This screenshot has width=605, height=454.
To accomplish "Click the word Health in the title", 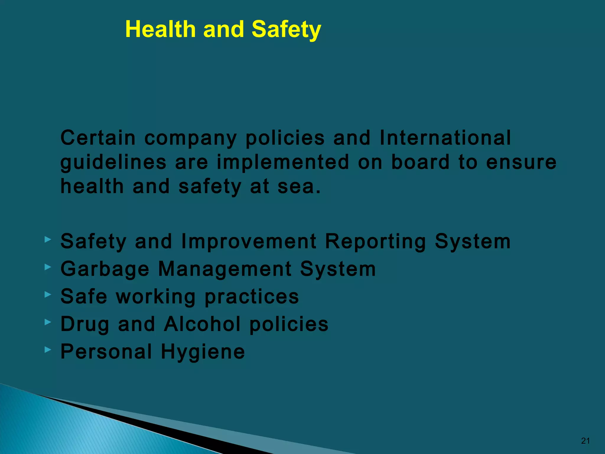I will point(160,30).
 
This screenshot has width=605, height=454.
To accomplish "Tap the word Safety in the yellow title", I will point(286,30).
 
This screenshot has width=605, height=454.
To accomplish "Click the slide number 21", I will point(585,441).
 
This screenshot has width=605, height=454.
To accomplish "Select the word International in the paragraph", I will point(445,138).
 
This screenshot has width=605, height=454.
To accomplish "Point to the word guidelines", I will point(113,163).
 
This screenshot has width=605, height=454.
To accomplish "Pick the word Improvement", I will point(249,241).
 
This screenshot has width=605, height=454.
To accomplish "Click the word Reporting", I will point(375,241).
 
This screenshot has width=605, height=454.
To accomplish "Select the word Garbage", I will point(105,269).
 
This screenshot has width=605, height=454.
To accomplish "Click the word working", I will point(156,297).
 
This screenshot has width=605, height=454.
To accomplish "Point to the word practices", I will point(252,297).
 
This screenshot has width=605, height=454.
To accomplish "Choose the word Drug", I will point(85,324).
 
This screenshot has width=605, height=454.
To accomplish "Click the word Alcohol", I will point(202,324).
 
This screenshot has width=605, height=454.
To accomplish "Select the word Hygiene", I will point(203,352).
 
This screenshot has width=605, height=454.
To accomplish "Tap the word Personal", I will point(106,351).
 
